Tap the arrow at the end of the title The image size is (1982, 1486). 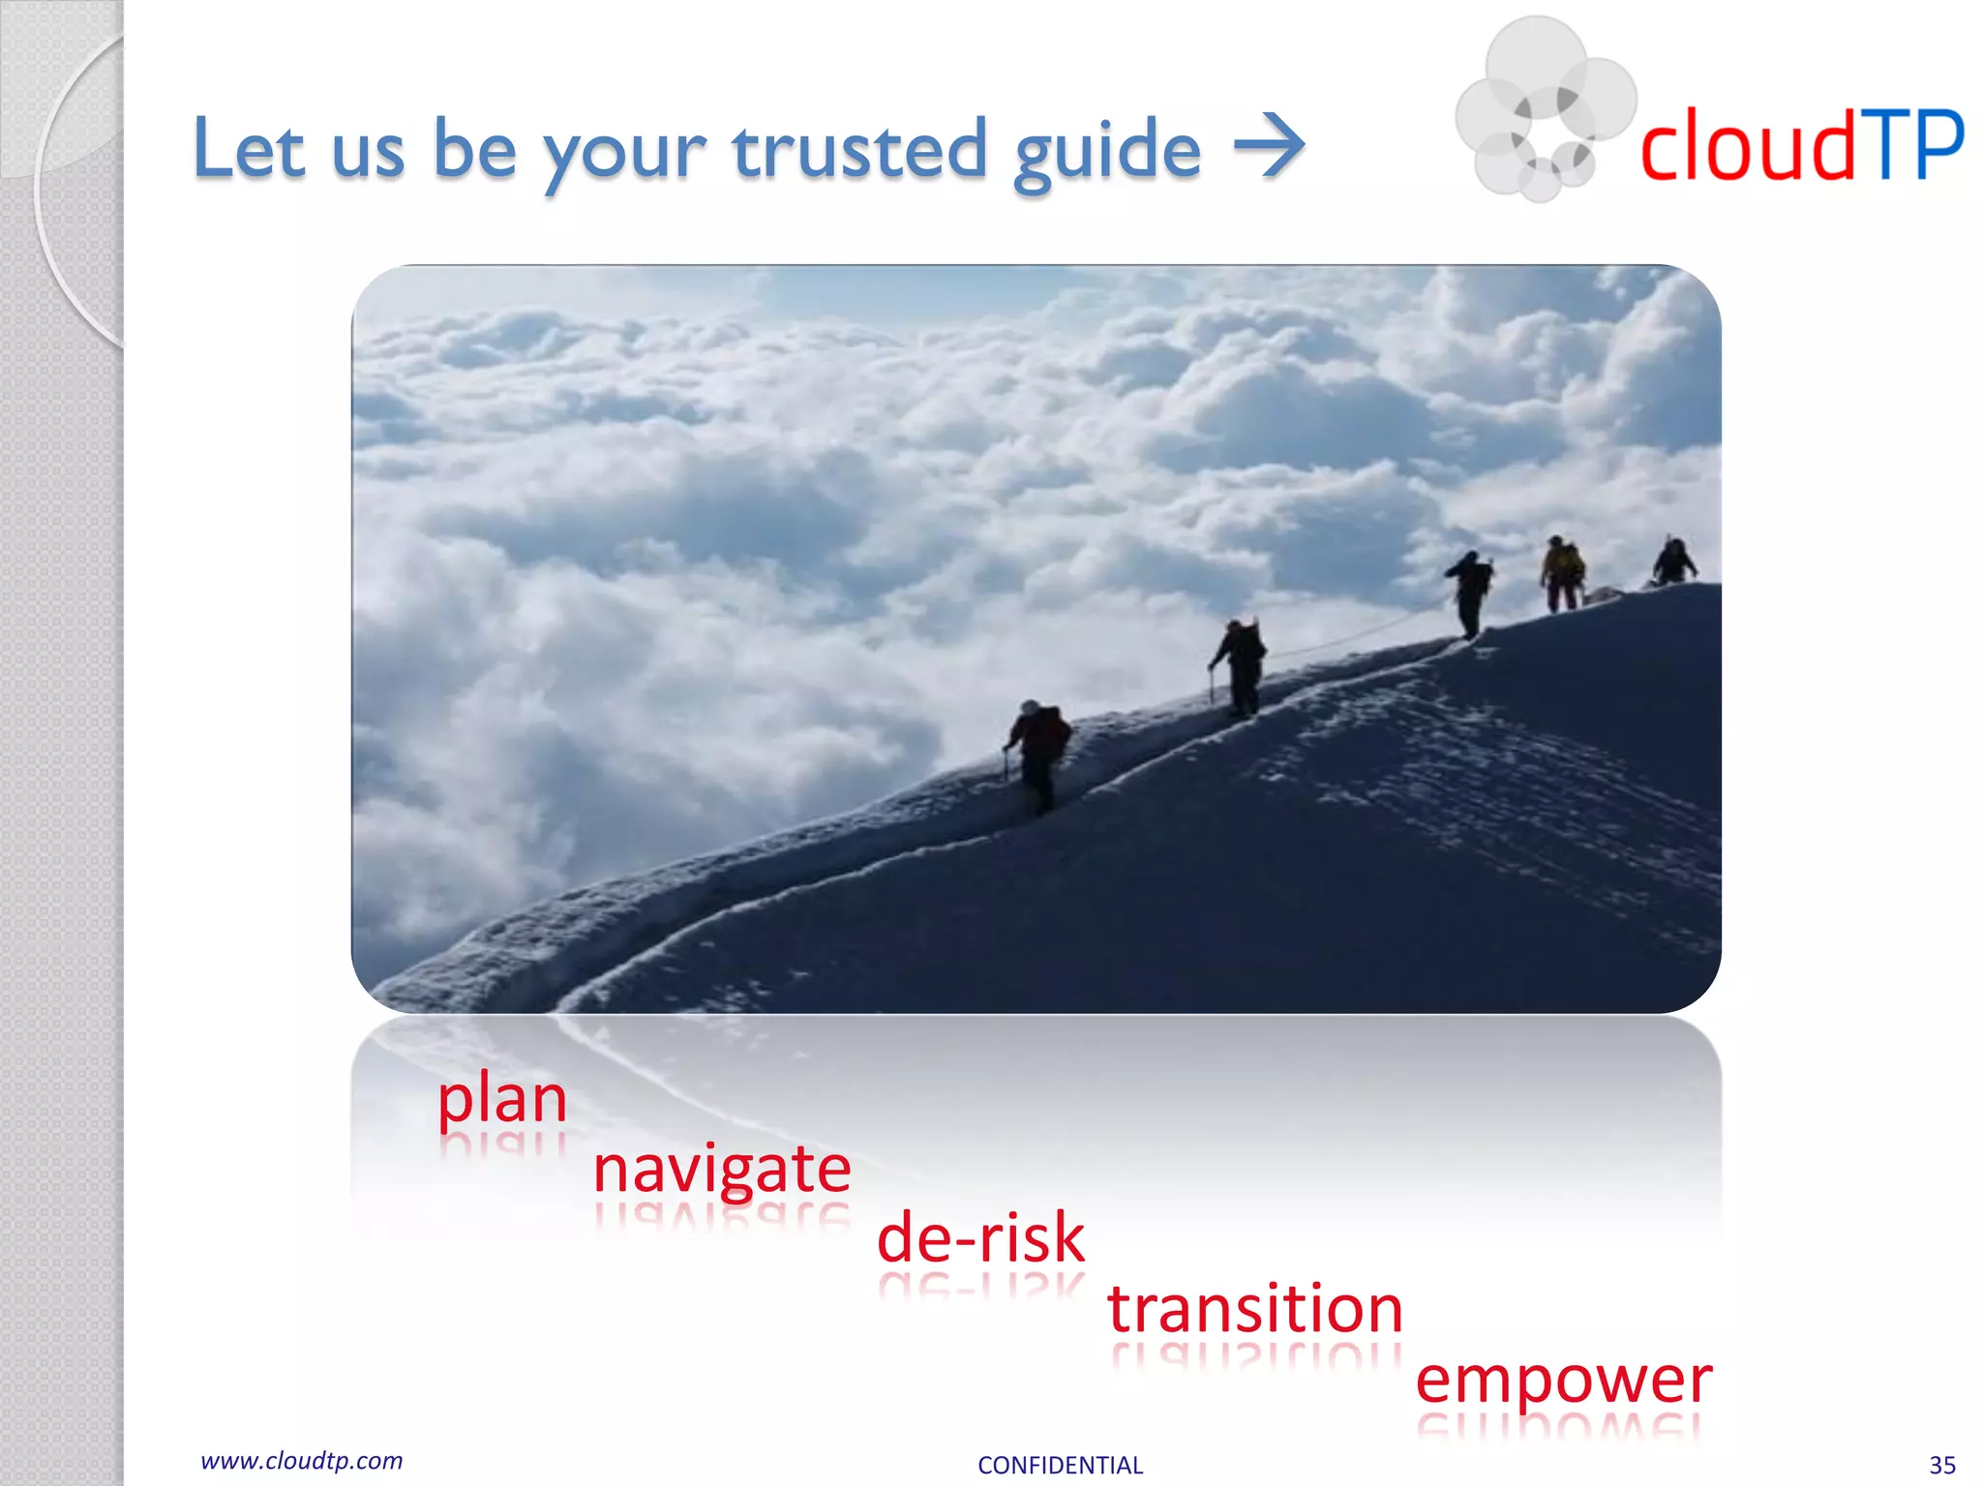point(1269,147)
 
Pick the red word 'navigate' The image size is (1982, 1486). point(721,1170)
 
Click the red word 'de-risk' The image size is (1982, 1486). point(980,1238)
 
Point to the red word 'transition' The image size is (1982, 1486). point(1254,1308)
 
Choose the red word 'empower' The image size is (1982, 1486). point(1562,1380)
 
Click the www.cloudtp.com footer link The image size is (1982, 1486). point(301,1461)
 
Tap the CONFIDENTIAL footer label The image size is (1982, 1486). point(1060,1465)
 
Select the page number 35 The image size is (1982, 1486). point(1941,1465)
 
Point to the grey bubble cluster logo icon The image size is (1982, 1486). point(1542,108)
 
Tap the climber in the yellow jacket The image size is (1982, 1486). point(1561,573)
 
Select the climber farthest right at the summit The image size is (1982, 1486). point(1673,561)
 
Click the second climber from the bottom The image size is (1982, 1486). point(1240,667)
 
